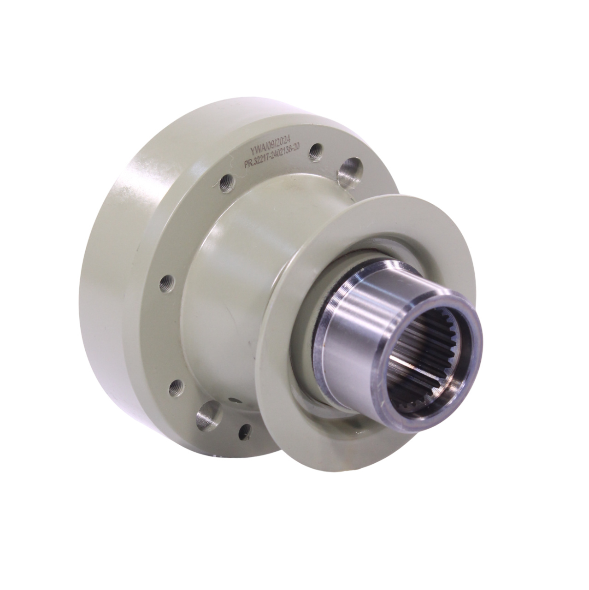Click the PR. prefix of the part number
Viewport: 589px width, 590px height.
pyautogui.click(x=250, y=163)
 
